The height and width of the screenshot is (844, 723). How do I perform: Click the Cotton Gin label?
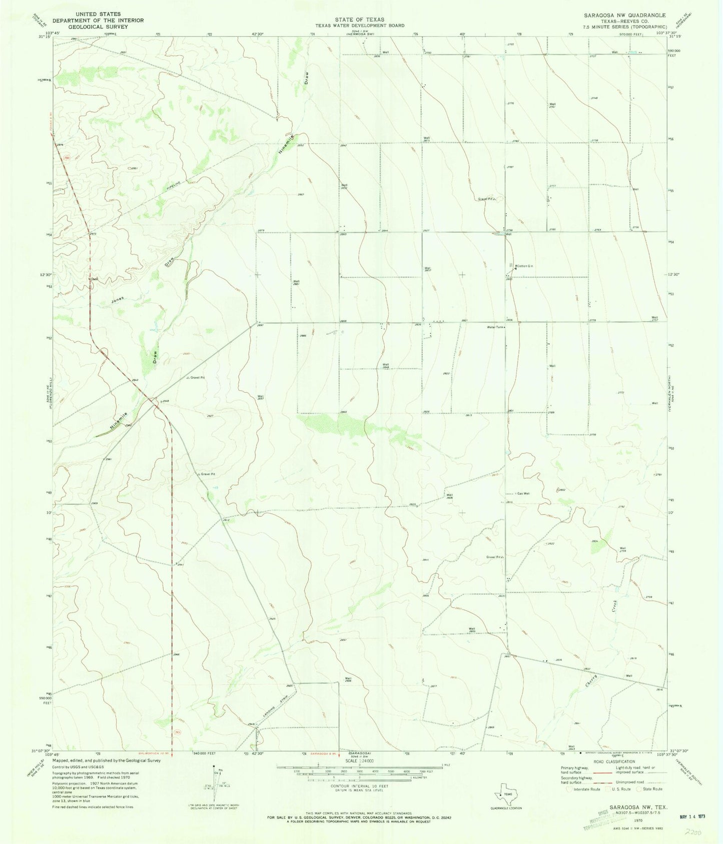tap(525, 266)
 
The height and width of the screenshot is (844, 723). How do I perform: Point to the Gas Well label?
tap(523, 493)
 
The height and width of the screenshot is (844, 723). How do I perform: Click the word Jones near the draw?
tap(118, 299)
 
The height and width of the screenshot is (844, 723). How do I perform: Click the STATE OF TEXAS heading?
tap(360, 20)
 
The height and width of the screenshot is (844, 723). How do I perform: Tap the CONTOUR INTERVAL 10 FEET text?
tap(359, 786)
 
